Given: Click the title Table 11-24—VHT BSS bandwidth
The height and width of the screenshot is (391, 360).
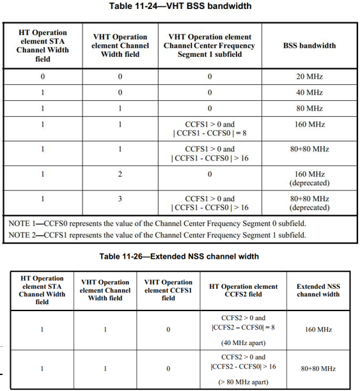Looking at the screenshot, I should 181,6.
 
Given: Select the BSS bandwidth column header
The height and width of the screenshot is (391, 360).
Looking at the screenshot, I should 309,46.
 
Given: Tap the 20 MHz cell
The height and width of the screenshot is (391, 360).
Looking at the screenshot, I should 309,77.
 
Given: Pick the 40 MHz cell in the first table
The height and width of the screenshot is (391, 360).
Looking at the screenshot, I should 309,93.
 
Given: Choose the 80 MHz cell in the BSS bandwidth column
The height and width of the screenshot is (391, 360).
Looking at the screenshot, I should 309,109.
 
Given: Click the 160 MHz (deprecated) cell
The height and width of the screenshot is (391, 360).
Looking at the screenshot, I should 309,178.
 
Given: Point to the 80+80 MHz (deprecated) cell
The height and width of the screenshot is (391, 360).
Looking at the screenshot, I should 309,203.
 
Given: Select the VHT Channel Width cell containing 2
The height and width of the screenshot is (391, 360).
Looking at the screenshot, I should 120,174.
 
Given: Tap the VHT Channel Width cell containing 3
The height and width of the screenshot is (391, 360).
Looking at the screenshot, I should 120,199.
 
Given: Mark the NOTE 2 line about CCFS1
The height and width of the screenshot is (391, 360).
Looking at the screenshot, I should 157,234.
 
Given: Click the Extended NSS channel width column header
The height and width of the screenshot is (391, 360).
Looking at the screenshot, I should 318,291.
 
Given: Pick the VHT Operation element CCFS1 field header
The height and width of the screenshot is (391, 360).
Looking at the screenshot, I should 168,290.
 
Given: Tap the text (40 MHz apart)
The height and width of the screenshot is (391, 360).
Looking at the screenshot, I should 243,342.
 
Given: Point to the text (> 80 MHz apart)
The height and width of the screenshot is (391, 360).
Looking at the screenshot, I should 243,381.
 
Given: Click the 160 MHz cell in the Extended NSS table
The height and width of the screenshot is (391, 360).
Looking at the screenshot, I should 318,330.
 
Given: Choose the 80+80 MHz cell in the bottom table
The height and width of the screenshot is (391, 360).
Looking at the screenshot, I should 318,369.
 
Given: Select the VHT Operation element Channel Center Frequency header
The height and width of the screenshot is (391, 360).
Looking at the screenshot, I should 210,46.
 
